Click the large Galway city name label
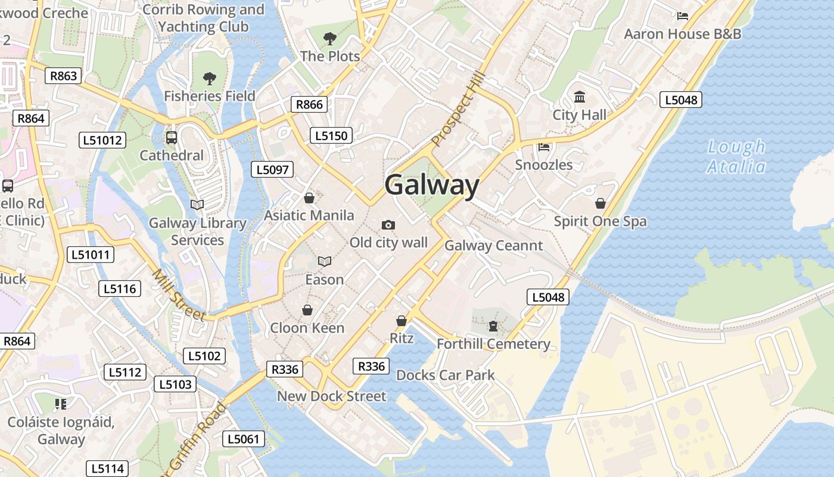coord(432,185)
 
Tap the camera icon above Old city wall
coord(388,225)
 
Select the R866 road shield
coord(310,105)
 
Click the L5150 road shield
coord(331,136)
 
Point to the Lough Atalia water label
coord(736,157)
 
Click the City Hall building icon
coord(579,97)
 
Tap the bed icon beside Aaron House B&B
coord(683,16)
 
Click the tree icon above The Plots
coord(329,39)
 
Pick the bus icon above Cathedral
coord(172,138)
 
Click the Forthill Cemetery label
coord(493,344)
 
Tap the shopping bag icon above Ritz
coord(402,321)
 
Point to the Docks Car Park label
coord(446,375)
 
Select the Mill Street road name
coord(178,296)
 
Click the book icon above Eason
coord(325,261)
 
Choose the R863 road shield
coord(63,76)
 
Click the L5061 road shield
coord(244,439)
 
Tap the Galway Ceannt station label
coord(494,246)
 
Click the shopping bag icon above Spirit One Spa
coord(600,204)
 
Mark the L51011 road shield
coord(91,255)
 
